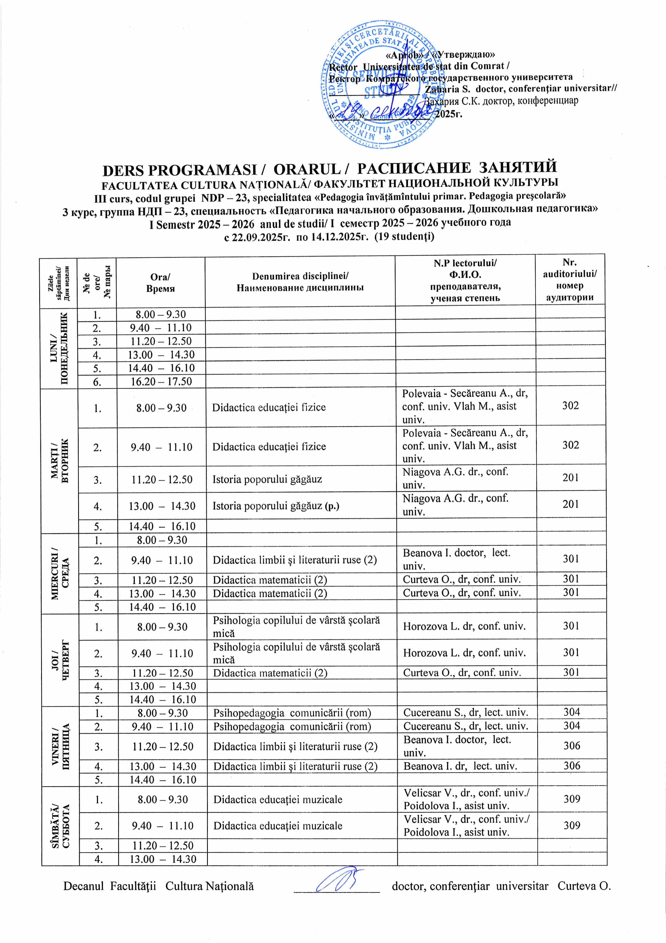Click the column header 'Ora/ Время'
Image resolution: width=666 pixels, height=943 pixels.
click(x=160, y=283)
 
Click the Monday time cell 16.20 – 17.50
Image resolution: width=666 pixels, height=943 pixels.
click(x=161, y=381)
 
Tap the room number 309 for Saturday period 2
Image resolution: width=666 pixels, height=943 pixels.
click(x=572, y=825)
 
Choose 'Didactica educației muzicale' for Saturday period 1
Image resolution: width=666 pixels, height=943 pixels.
click(x=278, y=799)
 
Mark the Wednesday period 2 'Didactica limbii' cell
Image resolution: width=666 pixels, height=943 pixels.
click(x=295, y=560)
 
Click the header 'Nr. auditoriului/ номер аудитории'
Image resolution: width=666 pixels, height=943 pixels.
click(x=570, y=280)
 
